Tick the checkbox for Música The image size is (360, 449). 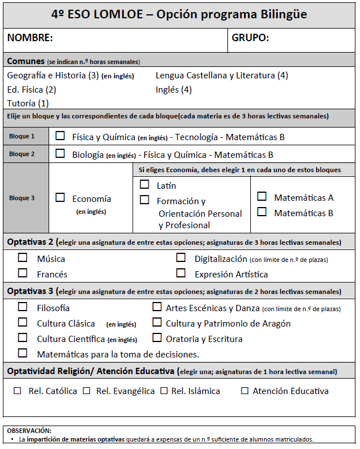(23, 258)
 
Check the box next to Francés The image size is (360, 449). (23, 273)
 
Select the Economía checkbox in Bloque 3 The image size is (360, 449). (60, 197)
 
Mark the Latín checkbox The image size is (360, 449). (145, 185)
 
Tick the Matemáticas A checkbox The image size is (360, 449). (262, 196)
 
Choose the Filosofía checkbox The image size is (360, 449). (23, 307)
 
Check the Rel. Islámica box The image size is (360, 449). (164, 391)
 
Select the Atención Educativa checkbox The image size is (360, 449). (245, 391)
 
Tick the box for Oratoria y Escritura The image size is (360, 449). (157, 338)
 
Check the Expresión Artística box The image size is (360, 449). (181, 273)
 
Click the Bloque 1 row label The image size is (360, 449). (22, 137)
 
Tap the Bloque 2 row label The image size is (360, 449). (22, 154)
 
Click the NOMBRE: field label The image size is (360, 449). (30, 38)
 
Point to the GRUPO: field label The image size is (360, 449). (250, 38)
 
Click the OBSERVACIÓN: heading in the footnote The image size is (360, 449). (29, 430)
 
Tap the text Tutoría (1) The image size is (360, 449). (28, 104)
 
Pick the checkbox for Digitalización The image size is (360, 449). (181, 258)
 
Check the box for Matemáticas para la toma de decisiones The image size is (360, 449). (23, 353)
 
